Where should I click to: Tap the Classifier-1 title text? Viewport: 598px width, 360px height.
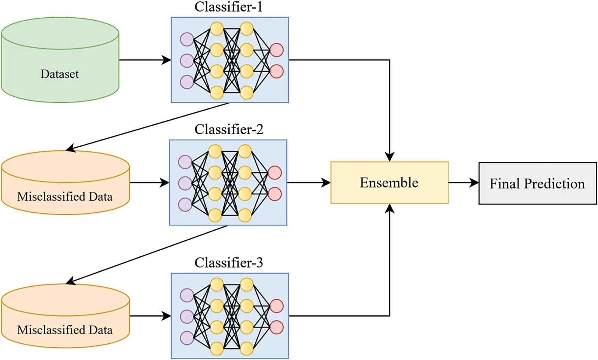228,6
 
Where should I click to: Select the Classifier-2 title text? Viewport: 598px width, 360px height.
228,129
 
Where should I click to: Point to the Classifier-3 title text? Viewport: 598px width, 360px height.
228,263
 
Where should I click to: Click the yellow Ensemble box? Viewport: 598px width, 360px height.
389,183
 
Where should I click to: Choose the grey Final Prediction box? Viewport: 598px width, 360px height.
537,183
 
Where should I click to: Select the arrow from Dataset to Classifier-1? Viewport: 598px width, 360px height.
145,60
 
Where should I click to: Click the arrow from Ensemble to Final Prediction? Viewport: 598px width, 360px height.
464,183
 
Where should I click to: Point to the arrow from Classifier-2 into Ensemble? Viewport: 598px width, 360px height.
309,183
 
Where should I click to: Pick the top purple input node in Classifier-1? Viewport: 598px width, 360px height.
187,39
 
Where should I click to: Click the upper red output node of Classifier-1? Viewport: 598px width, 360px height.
276,50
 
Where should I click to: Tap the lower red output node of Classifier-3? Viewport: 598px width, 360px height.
276,327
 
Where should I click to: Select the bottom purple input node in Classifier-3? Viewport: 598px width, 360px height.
187,338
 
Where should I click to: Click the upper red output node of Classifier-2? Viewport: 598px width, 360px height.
275,173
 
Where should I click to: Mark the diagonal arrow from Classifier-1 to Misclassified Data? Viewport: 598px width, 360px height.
148,126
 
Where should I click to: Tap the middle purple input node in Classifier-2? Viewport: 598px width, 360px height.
185,183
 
